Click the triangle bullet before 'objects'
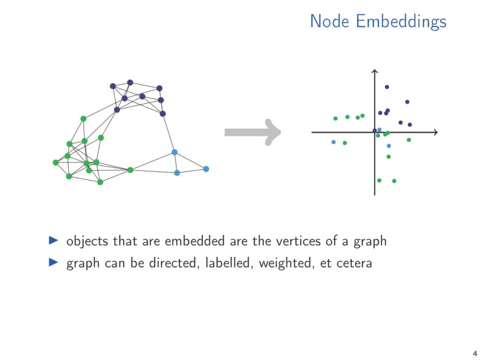point(53,240)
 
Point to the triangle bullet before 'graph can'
point(53,262)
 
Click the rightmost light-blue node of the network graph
point(206,169)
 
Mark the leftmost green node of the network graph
point(56,162)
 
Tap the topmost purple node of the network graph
point(130,82)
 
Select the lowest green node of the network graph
point(100,182)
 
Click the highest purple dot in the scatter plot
point(387,87)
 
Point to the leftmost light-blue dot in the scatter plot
point(333,142)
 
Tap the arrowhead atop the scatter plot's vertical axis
point(375,71)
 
